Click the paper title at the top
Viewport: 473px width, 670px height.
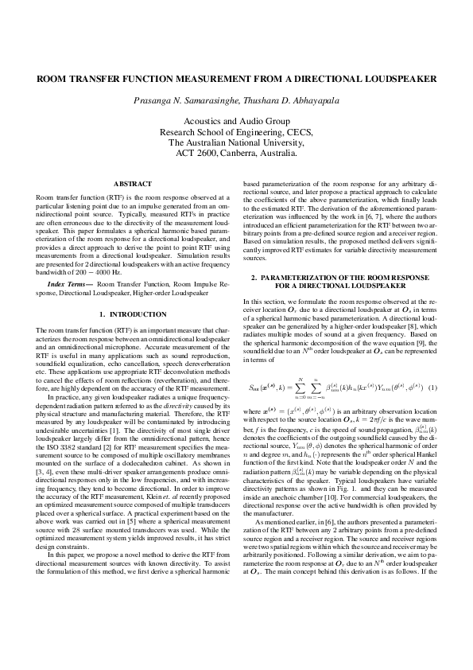[236, 80]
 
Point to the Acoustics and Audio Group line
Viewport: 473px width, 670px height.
[236, 121]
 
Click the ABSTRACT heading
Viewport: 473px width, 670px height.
[133, 184]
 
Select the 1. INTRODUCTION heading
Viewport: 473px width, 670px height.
[133, 315]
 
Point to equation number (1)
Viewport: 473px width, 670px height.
[433, 388]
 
